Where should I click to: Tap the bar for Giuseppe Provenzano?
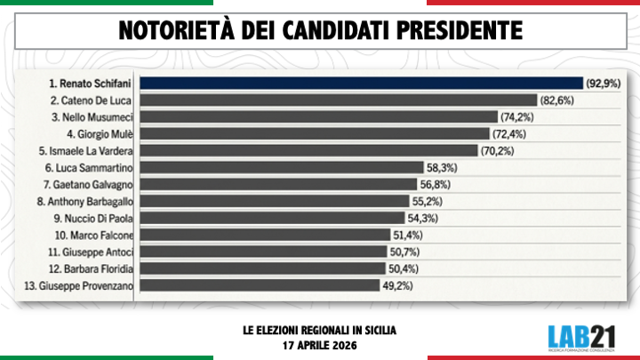264,285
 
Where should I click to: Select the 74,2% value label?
516,117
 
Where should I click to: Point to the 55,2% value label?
427,201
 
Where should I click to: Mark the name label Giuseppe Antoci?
88,252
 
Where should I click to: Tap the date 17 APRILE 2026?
319,343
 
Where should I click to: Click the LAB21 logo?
582,337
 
